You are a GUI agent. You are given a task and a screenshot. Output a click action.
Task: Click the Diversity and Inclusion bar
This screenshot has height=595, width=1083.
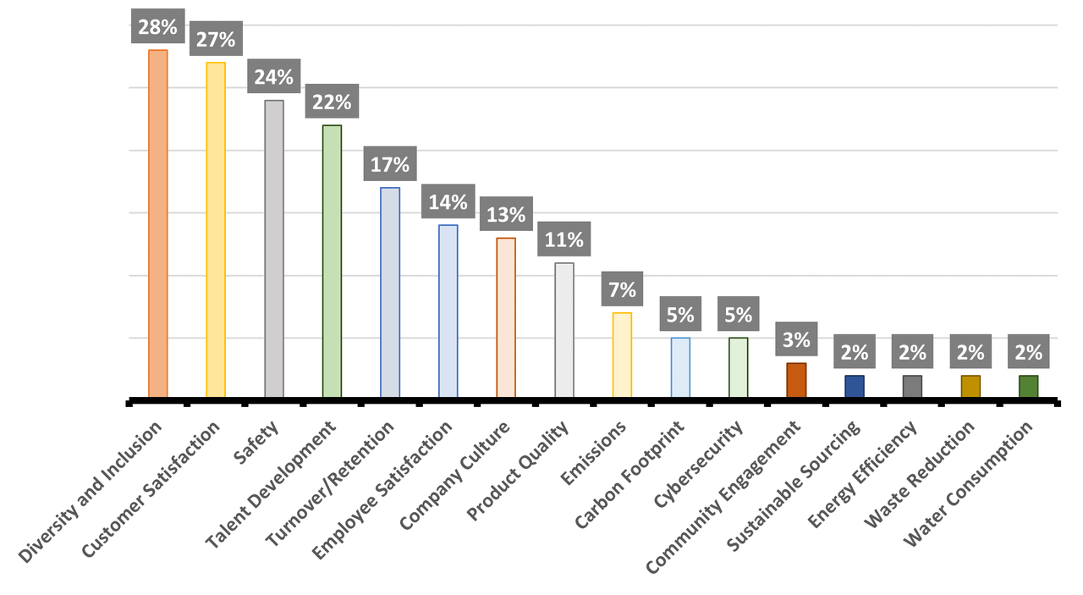[158, 223]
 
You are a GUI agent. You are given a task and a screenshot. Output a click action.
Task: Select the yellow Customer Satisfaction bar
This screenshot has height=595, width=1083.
[216, 229]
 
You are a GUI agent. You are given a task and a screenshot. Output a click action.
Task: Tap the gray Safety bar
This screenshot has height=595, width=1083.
[274, 249]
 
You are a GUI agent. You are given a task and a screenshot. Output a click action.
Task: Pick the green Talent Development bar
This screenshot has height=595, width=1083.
[332, 262]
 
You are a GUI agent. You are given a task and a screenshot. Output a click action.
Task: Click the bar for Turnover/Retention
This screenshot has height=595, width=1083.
[390, 292]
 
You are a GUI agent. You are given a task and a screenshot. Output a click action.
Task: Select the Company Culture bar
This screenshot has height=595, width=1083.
[506, 317]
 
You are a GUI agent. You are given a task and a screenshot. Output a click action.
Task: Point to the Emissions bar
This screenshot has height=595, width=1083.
[622, 355]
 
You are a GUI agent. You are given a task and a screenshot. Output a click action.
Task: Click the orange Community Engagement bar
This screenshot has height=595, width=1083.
[796, 379]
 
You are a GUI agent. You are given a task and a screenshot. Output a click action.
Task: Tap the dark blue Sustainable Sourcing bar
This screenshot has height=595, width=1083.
[855, 386]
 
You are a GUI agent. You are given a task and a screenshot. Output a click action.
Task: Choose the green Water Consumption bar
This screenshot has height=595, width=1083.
[1028, 386]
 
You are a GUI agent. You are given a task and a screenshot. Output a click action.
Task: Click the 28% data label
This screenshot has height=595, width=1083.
[158, 26]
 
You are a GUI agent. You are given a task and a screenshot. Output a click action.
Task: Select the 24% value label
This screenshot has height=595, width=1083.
[274, 77]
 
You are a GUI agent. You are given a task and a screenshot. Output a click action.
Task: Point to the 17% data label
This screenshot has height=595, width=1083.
[390, 163]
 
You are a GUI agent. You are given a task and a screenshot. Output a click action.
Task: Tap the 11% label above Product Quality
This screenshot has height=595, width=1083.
[564, 240]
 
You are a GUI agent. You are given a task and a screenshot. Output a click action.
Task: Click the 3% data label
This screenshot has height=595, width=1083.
[796, 339]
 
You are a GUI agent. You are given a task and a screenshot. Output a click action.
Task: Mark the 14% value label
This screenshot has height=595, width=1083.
[448, 201]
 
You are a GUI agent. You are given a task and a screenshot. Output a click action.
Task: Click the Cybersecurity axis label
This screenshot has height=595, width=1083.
[700, 465]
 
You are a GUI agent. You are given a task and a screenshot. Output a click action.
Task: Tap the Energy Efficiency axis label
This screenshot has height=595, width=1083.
[863, 475]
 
